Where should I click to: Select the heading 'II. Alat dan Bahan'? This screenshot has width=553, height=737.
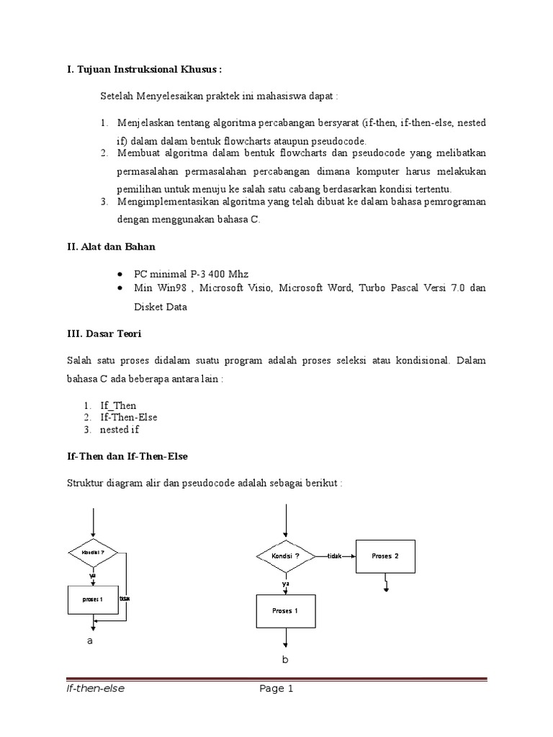click(x=111, y=246)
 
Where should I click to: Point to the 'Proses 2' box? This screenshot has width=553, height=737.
click(x=385, y=556)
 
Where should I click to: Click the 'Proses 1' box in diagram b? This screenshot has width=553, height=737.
click(x=285, y=611)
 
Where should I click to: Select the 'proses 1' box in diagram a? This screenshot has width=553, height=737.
click(x=93, y=600)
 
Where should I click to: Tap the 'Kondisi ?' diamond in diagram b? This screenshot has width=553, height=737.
click(x=286, y=556)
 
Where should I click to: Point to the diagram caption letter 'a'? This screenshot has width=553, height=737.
click(x=90, y=641)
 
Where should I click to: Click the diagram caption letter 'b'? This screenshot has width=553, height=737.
click(x=285, y=660)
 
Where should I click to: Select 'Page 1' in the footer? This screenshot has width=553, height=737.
click(x=276, y=689)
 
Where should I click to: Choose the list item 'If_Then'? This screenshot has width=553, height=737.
click(x=118, y=405)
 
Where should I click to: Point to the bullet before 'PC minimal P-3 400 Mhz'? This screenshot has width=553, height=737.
click(x=120, y=275)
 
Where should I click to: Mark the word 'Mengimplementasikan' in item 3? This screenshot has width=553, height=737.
click(x=166, y=202)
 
